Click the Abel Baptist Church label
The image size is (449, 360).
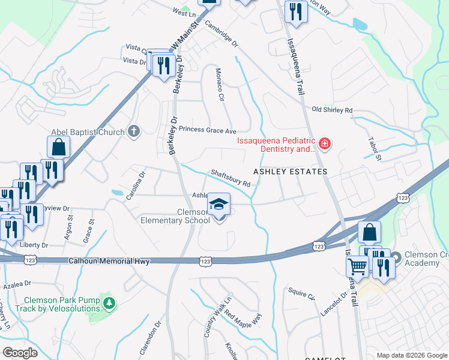[88, 132]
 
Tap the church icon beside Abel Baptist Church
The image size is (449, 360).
[133, 131]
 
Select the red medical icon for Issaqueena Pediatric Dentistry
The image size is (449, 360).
[324, 143]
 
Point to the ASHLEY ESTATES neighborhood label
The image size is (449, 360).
[290, 172]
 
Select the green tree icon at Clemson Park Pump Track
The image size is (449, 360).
[109, 303]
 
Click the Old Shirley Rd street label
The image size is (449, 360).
[332, 110]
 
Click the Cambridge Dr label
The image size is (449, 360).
[221, 35]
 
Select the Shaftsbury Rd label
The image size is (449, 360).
[230, 179]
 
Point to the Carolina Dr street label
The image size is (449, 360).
[135, 186]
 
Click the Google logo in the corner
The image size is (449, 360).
[20, 352]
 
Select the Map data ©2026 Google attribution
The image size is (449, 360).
[411, 355]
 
